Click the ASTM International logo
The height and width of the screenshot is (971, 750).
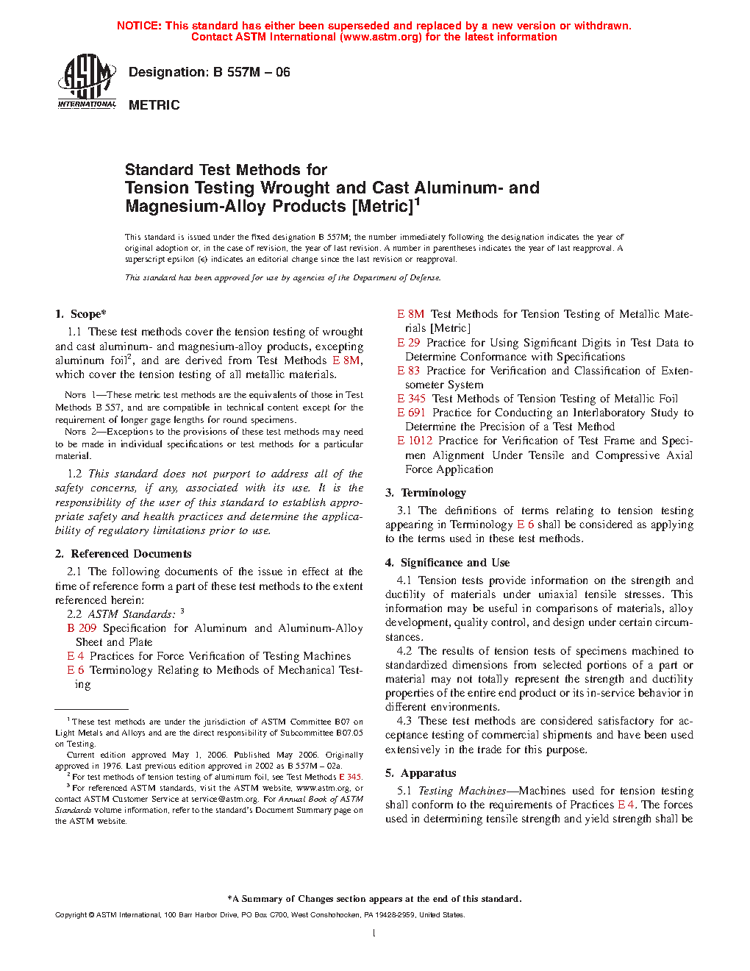[87, 82]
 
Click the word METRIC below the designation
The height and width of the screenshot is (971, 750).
[154, 105]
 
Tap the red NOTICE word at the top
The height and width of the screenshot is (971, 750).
[139, 26]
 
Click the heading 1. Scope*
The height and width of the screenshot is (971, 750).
[81, 314]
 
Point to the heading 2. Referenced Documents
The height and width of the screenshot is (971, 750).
[124, 554]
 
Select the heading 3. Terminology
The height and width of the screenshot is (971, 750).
[426, 493]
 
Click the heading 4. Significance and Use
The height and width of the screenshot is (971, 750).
[448, 563]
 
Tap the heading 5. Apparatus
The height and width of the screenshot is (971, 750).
[421, 773]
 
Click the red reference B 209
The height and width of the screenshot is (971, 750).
[82, 628]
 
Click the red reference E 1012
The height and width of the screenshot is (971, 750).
[415, 441]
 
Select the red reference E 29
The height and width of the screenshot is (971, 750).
[409, 343]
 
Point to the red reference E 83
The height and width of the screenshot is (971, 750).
[409, 371]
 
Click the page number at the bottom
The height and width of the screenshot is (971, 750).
[374, 933]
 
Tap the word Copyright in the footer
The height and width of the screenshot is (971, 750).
[71, 915]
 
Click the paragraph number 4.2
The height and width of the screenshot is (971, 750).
[404, 651]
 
